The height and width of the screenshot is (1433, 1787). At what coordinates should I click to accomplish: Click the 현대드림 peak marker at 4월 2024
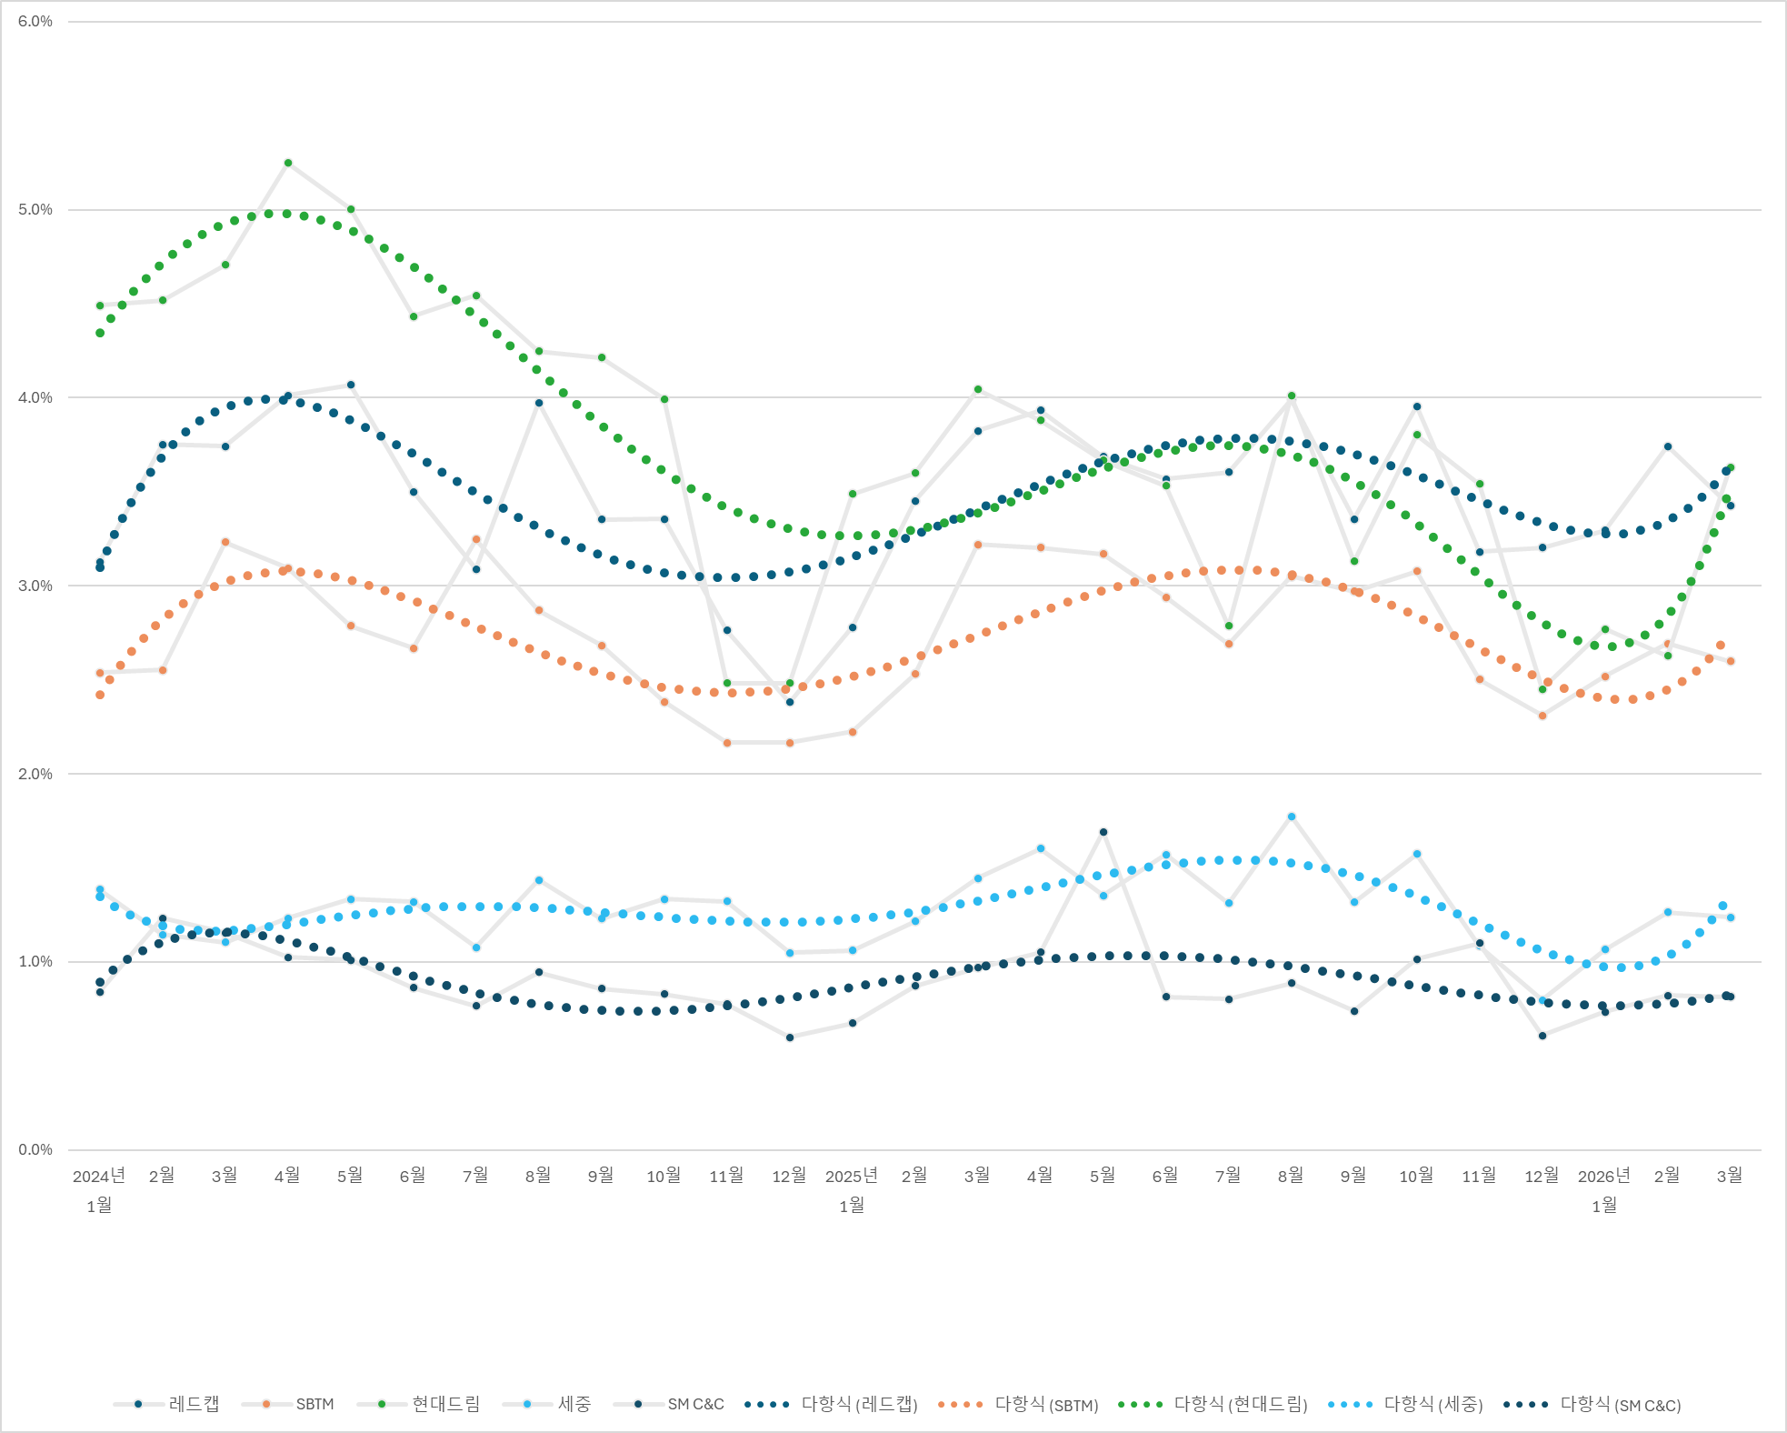[288, 163]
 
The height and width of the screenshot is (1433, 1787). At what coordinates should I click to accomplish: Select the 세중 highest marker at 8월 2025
[1292, 817]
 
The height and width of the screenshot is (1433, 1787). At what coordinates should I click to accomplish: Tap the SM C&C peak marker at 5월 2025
[1103, 832]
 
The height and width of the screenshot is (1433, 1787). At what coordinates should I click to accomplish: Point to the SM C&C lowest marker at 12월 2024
[790, 1037]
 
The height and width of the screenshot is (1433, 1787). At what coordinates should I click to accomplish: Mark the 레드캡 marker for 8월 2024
[539, 403]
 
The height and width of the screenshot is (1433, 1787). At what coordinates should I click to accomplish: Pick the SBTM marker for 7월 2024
[476, 539]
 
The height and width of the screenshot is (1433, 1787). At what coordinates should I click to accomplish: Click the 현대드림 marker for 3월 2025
[978, 389]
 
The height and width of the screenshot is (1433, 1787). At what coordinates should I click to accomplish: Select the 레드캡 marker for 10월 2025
[1417, 406]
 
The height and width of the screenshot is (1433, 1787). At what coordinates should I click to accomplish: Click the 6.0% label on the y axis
[35, 22]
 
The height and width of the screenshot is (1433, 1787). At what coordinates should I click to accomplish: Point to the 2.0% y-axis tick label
[35, 774]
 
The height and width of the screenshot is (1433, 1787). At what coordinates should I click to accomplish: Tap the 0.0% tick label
[35, 1149]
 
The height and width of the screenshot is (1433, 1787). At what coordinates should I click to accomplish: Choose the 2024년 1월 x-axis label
[99, 1189]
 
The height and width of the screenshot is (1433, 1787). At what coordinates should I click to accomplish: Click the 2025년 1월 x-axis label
[852, 1189]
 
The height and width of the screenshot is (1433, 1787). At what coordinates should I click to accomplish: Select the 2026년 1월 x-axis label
[1604, 1189]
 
